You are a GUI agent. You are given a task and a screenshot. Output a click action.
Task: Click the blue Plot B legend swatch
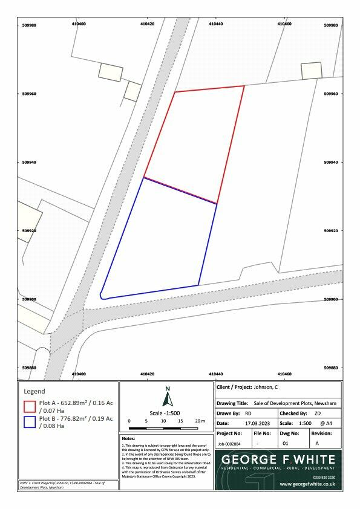click(x=30, y=422)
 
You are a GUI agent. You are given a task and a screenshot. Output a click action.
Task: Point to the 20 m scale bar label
click(x=200, y=420)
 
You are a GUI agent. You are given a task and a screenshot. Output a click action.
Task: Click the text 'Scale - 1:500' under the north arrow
click(x=168, y=412)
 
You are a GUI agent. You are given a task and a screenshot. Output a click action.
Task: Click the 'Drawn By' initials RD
click(x=249, y=413)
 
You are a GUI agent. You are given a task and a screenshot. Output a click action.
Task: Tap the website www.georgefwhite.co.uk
click(x=307, y=484)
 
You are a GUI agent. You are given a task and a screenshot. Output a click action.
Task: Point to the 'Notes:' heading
click(x=129, y=438)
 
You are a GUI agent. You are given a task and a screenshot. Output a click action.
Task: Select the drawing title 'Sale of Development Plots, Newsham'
click(x=295, y=403)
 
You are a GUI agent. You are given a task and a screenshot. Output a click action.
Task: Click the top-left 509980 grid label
click(x=29, y=25)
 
